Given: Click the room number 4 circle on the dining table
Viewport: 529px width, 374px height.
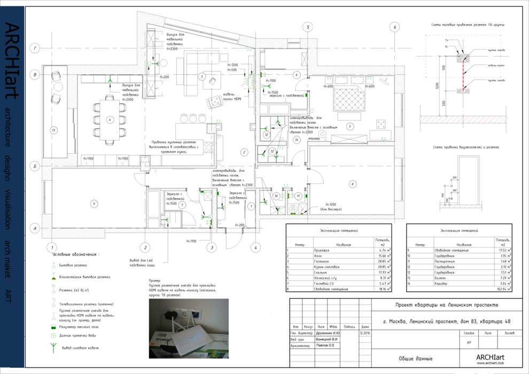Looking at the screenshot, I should (x=110, y=120).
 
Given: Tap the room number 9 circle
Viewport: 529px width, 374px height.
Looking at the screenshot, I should (x=94, y=204).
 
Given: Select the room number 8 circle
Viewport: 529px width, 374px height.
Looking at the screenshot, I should (x=352, y=184).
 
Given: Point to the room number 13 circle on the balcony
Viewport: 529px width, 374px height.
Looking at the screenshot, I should (x=53, y=130).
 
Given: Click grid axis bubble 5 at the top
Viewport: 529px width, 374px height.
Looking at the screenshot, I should (x=308, y=27).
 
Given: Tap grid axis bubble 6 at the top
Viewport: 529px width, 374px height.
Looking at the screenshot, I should (x=394, y=27).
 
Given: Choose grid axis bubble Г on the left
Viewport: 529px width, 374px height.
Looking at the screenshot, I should (x=35, y=48).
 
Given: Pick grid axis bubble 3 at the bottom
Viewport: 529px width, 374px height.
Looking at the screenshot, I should (x=212, y=247).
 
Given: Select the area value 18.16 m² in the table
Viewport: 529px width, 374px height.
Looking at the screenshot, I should (x=382, y=289).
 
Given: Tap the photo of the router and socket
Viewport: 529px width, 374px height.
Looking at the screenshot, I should (x=188, y=328).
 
